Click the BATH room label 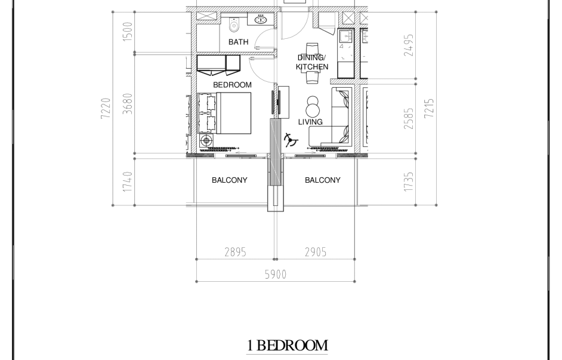coord(239,42)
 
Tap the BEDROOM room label coord(232,85)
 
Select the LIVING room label coord(310,122)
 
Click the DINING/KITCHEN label coord(312,63)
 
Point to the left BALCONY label coord(229,180)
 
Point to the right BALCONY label coord(323,180)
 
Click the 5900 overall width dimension coord(276,275)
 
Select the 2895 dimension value coord(236,253)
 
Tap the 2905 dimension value coord(316,253)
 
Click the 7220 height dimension coord(106,108)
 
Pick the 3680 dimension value coord(128,104)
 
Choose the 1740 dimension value coord(128,181)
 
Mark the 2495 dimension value coord(409,45)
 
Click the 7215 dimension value coord(429,108)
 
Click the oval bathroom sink coord(261,19)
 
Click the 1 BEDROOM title coord(287,346)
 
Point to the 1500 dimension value coord(128,32)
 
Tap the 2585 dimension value coord(409,119)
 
